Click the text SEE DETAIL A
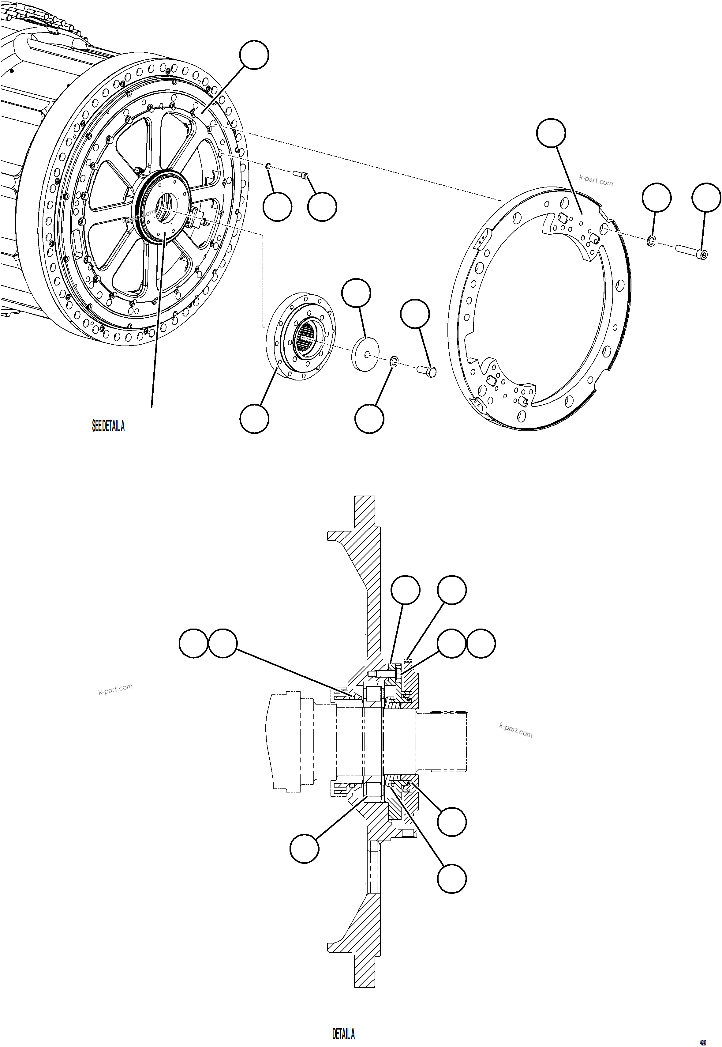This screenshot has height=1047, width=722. (108, 426)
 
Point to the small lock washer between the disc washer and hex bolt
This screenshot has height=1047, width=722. (394, 361)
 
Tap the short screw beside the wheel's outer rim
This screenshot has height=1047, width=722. (300, 173)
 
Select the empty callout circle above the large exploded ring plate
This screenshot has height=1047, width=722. (551, 133)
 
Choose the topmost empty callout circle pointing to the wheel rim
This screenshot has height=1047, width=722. (254, 55)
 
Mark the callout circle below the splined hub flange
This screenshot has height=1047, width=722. (254, 419)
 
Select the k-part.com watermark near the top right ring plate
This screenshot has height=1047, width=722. (596, 181)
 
